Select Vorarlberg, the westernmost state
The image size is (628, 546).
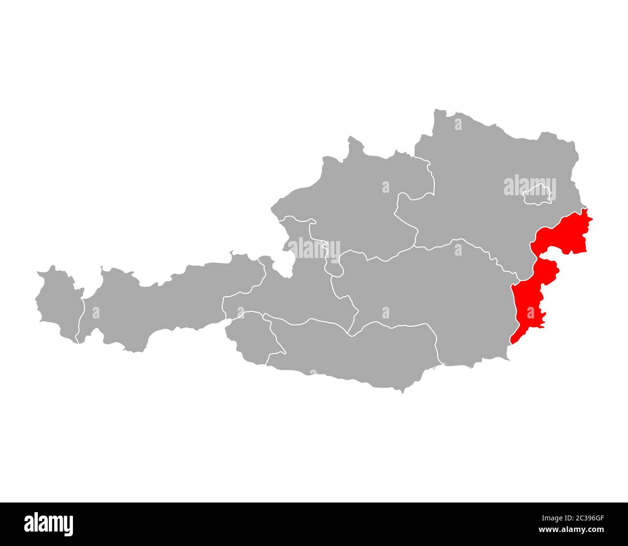[58, 304]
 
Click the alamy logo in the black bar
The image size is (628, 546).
[49, 524]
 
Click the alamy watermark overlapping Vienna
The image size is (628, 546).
[529, 187]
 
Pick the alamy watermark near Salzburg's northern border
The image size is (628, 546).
[314, 248]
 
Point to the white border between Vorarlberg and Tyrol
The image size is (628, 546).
[81, 319]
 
